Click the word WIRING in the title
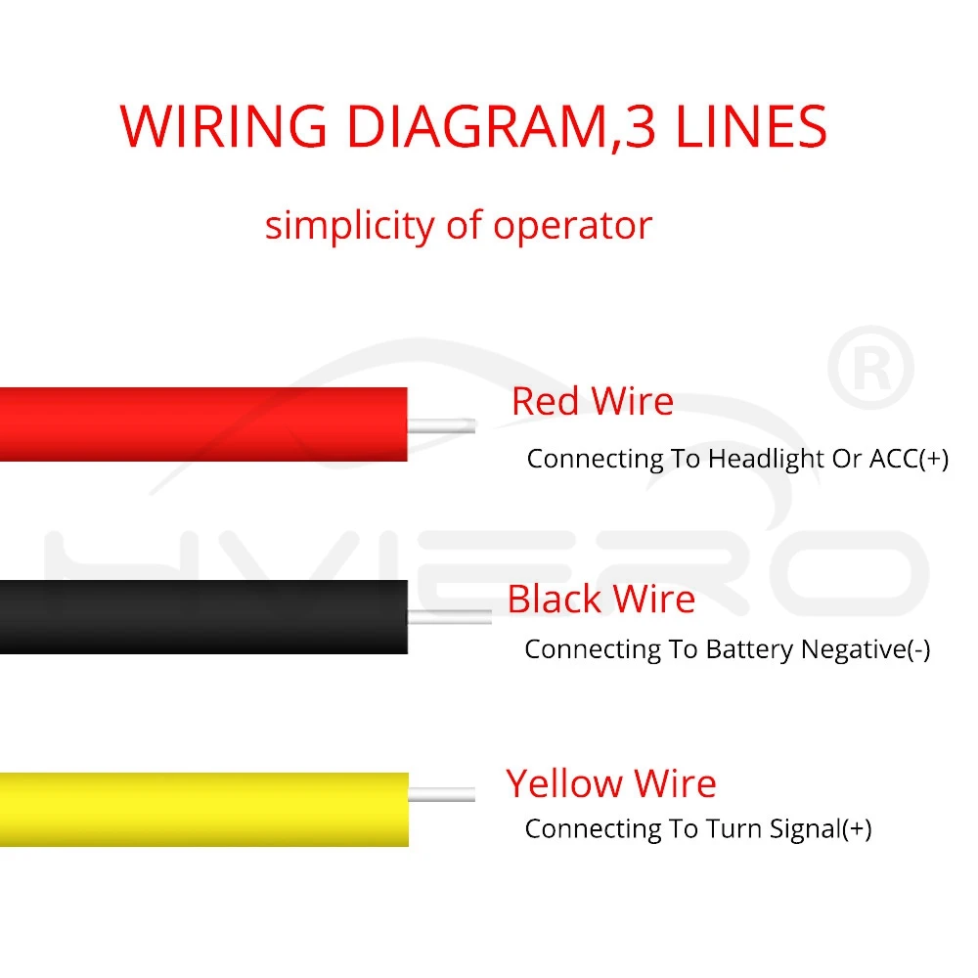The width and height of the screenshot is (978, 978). (223, 126)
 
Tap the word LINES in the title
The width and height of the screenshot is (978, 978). (751, 126)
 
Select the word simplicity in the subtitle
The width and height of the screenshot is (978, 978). (350, 226)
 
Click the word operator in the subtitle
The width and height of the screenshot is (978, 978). (572, 227)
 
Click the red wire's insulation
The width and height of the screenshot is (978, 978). (203, 424)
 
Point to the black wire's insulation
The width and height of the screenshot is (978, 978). (203, 617)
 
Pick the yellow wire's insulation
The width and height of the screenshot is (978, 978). (204, 810)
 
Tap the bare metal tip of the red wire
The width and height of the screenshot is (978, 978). (442, 426)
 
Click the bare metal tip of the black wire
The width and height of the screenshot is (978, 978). (450, 617)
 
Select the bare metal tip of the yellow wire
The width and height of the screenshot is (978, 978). (442, 794)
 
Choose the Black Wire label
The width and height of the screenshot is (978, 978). (601, 599)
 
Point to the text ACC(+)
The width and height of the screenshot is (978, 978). (909, 459)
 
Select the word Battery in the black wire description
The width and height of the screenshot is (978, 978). (750, 650)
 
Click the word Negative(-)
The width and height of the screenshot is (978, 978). (866, 649)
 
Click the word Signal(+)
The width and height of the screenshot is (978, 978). (821, 829)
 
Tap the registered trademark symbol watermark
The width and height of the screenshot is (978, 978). (870, 368)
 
